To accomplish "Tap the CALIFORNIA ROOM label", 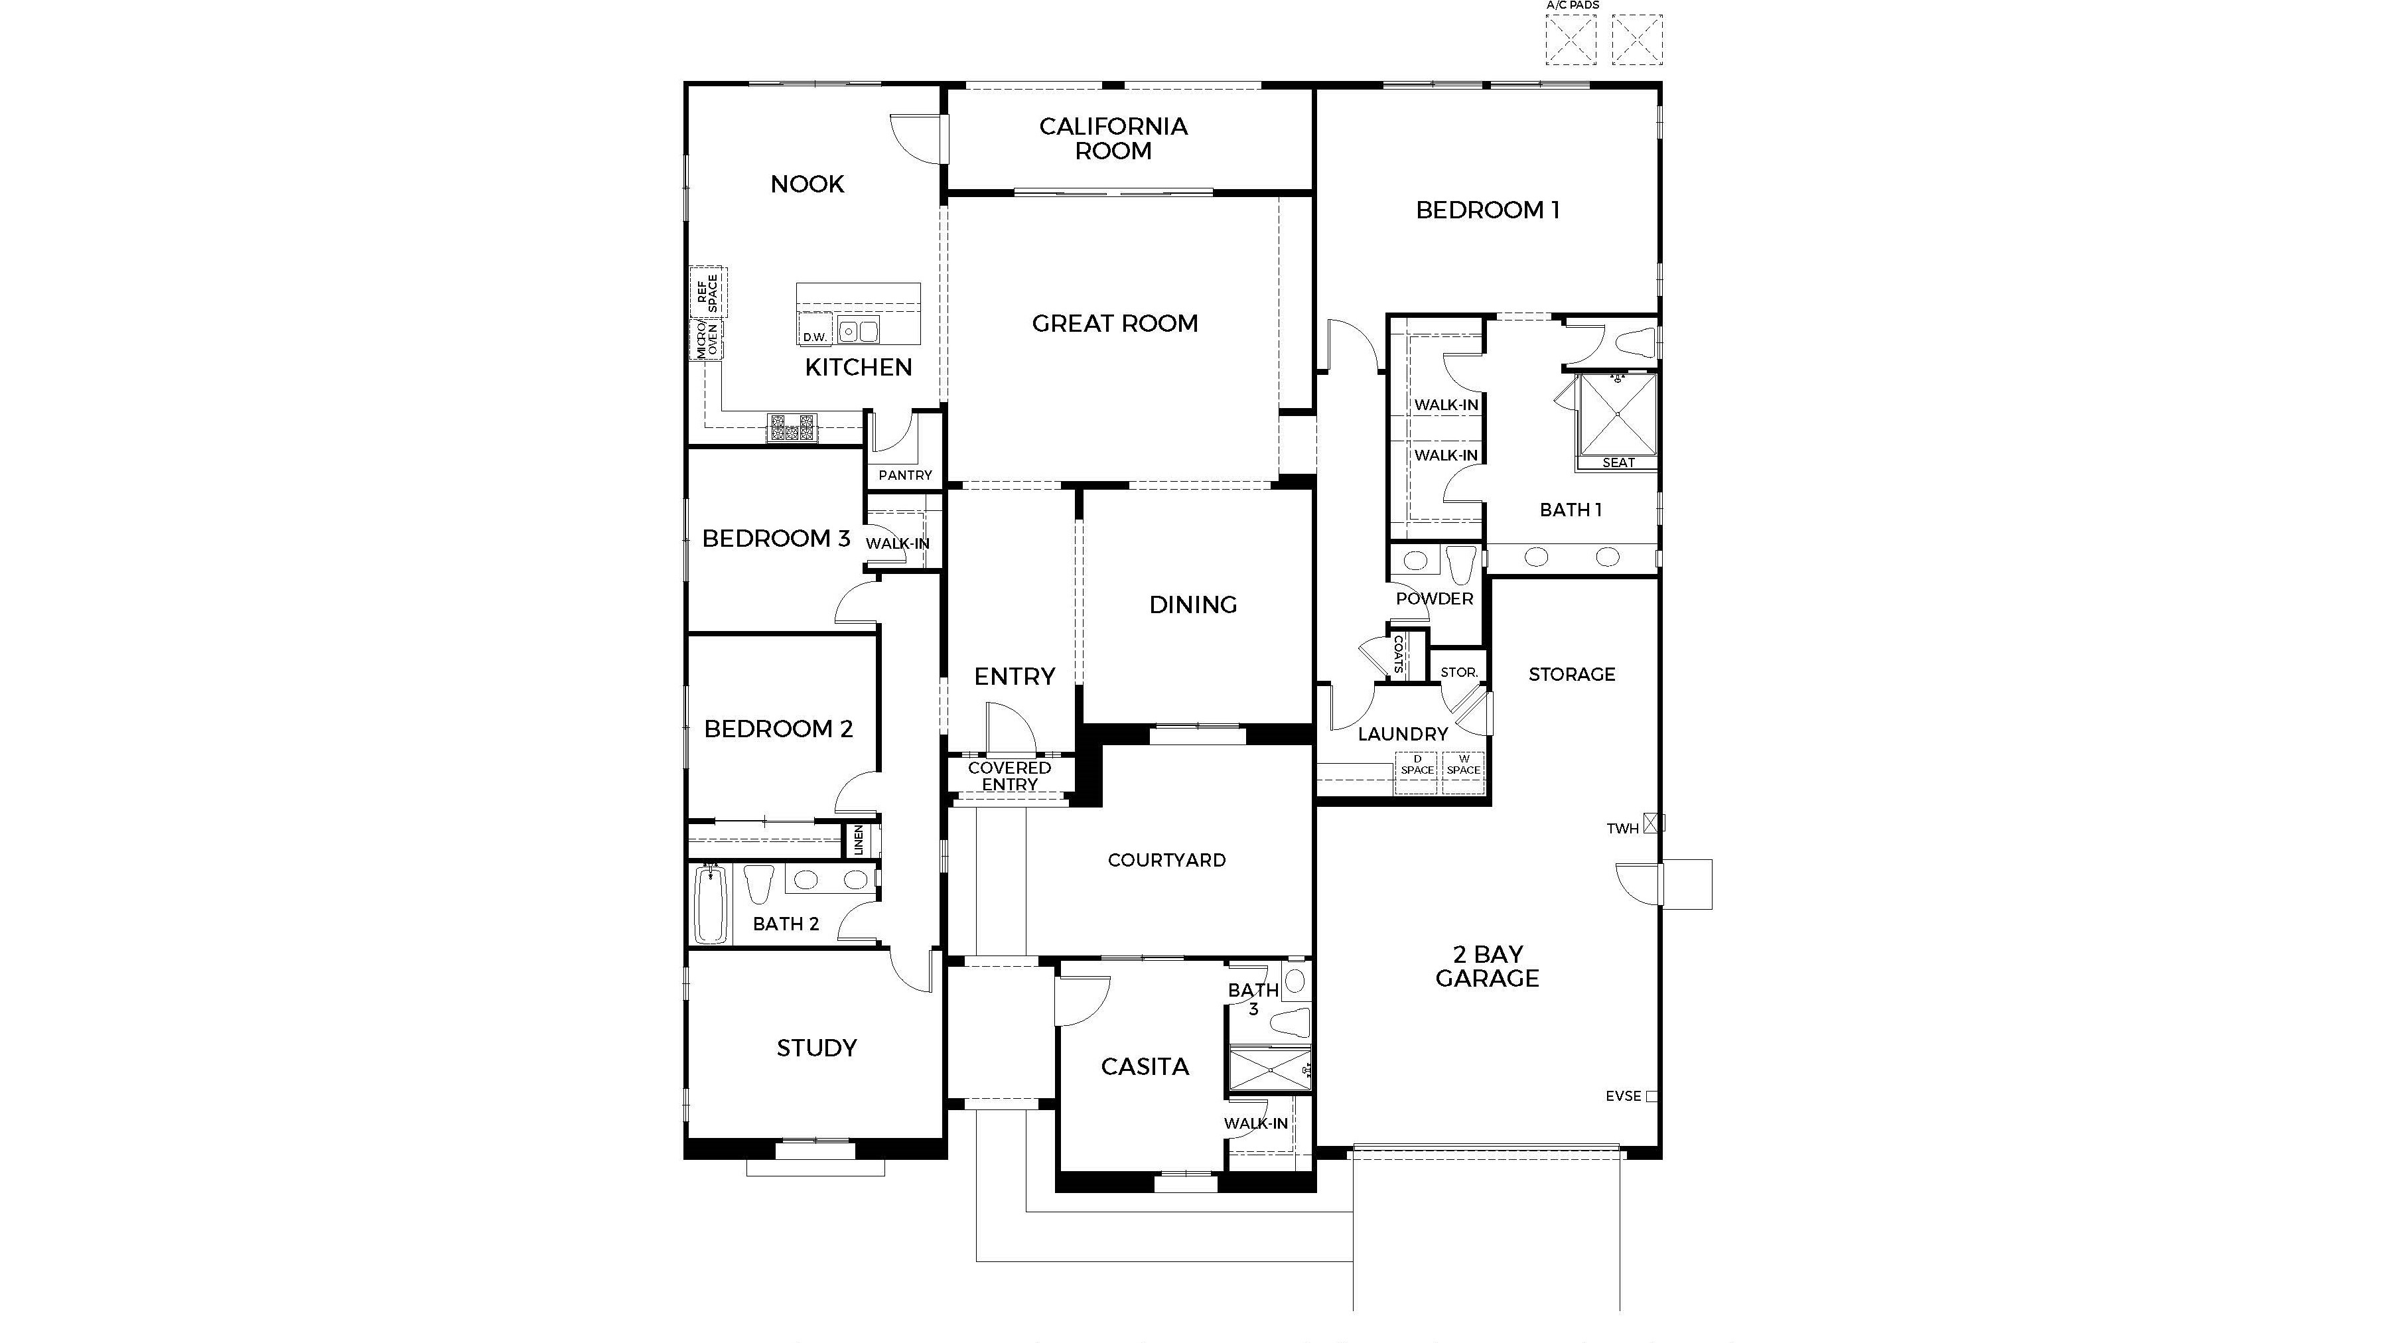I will tap(1113, 138).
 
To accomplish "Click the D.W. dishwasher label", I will tap(815, 337).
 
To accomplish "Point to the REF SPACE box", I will tap(707, 292).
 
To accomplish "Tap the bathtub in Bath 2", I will tap(711, 904).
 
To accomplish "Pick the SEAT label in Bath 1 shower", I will tap(1618, 462).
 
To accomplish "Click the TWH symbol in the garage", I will tap(1653, 823).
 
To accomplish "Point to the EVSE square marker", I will tap(1651, 1096).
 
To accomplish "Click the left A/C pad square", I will tap(1571, 40).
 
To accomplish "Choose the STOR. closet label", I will tap(1459, 672).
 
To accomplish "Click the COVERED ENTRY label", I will tap(1009, 776).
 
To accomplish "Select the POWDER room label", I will tap(1434, 599).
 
